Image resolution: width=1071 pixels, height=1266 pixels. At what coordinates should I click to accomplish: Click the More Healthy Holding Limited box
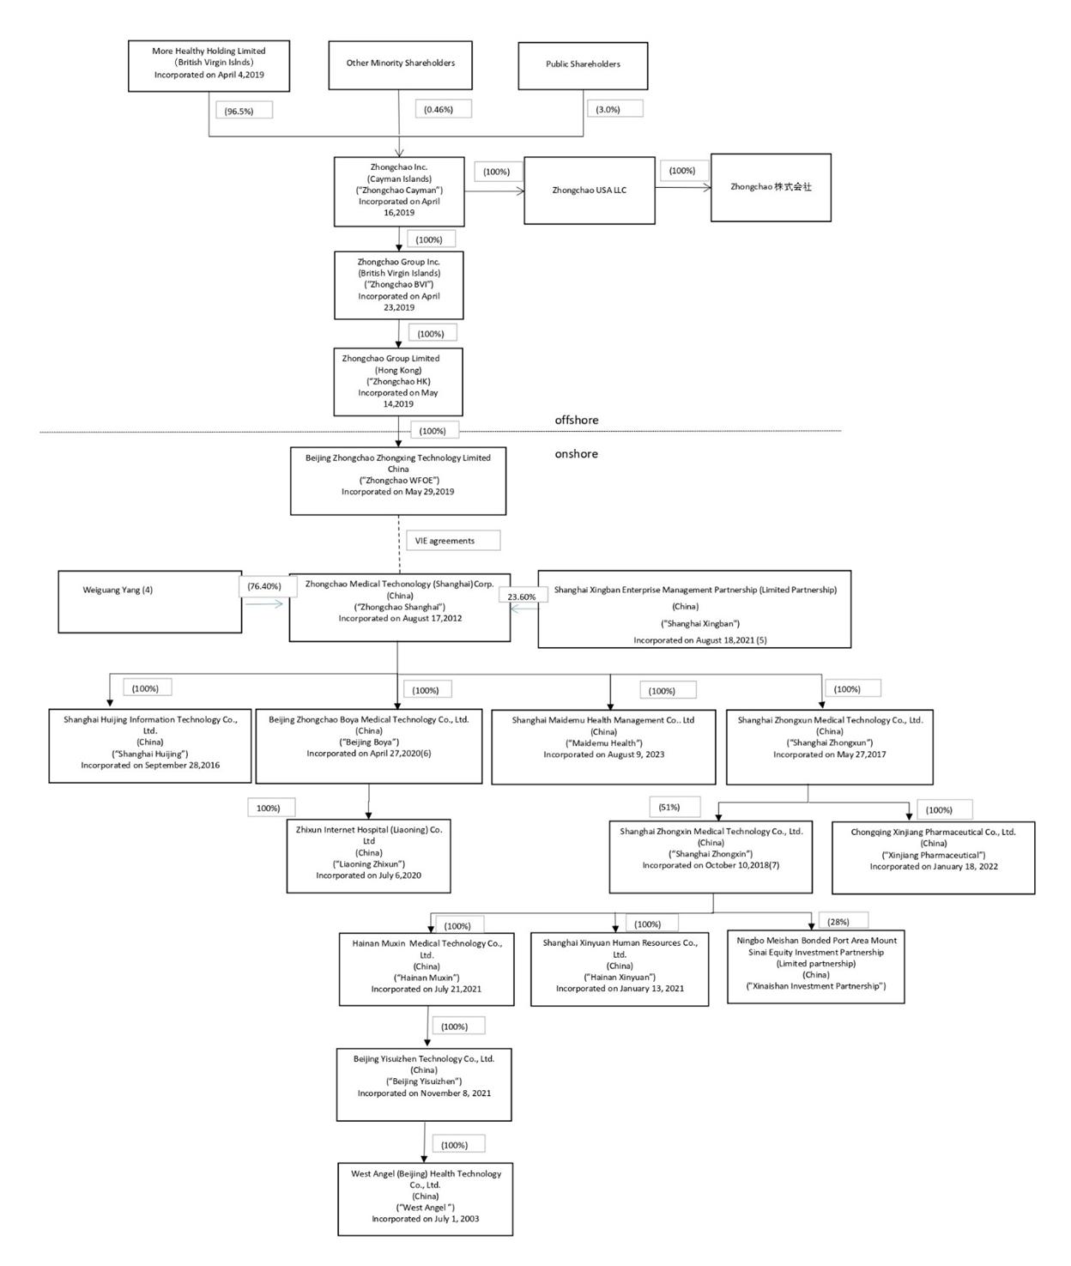tap(209, 64)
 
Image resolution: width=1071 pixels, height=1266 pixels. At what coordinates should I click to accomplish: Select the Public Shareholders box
tap(583, 64)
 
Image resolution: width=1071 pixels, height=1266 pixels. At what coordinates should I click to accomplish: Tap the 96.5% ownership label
tap(244, 111)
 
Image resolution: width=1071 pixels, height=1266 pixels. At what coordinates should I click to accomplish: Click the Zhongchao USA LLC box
tap(589, 191)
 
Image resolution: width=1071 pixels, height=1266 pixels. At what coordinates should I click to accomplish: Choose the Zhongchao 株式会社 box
tap(771, 187)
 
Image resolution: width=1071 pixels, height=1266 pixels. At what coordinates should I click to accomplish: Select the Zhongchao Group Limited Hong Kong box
tap(398, 381)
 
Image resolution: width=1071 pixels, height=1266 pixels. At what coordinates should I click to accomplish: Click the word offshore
tap(577, 420)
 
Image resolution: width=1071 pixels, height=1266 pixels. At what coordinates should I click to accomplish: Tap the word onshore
tap(576, 454)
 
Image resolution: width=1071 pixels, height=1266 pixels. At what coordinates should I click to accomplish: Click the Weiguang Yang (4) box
tap(149, 602)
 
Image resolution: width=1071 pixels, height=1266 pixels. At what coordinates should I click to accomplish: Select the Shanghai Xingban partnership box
tap(694, 609)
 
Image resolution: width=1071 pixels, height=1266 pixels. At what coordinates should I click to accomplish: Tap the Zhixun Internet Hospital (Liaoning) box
tap(368, 856)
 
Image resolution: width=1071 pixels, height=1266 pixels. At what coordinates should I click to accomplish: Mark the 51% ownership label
tap(674, 807)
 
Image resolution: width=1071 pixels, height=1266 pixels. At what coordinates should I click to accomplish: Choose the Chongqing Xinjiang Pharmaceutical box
tap(933, 857)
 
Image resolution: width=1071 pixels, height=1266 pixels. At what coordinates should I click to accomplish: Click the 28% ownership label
tap(843, 921)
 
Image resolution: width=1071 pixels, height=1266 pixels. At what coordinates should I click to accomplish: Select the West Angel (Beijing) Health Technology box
tap(425, 1198)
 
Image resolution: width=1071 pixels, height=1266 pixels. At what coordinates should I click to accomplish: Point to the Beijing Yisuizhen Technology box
tap(424, 1084)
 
